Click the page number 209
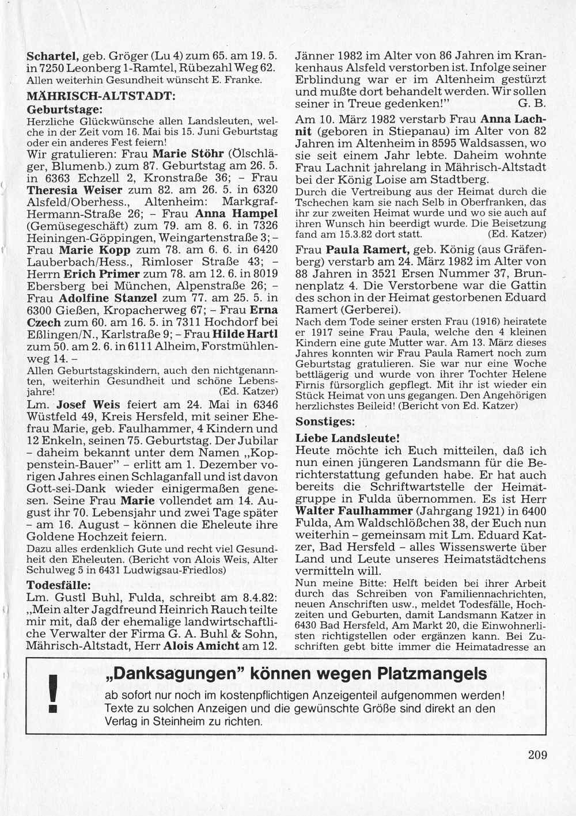pos(537,755)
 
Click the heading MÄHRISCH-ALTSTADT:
pos(101,96)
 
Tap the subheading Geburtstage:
pos(65,108)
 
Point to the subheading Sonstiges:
pos(325,422)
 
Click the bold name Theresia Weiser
pos(75,191)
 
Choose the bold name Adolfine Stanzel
pos(108,298)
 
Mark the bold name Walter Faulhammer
pos(354,511)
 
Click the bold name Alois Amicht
pos(201,646)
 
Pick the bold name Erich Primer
pos(101,274)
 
